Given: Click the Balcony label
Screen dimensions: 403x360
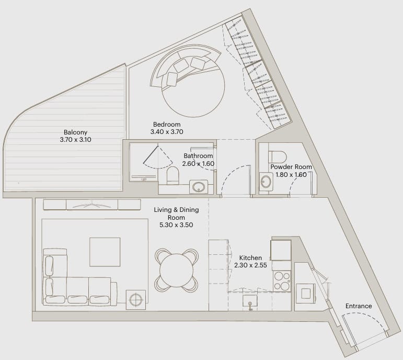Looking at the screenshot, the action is click(x=75, y=132).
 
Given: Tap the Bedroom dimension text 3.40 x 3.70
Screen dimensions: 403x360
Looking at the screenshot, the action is click(x=167, y=132).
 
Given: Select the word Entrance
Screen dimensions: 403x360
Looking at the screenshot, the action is click(x=359, y=306).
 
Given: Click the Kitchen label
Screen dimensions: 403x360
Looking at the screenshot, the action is click(x=250, y=257).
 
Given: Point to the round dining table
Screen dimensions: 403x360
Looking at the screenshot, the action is click(x=176, y=270).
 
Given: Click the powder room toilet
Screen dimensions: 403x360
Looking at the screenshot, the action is click(x=278, y=156).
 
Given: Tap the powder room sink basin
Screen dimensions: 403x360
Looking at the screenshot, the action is click(x=266, y=182).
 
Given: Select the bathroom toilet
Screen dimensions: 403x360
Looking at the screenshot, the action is click(x=172, y=175).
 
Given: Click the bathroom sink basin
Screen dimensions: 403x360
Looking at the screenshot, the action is click(x=199, y=187).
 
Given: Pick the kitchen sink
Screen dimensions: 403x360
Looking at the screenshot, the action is click(x=250, y=301).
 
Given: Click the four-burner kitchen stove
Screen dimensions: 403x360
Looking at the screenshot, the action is click(x=282, y=281).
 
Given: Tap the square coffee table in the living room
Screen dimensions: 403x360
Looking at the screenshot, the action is click(x=105, y=252).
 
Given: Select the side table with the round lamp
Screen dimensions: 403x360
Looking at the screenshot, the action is click(x=136, y=300).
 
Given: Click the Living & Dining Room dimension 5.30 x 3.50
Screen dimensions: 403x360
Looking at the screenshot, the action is click(x=176, y=224).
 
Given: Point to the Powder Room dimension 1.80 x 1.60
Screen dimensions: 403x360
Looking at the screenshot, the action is click(x=291, y=174).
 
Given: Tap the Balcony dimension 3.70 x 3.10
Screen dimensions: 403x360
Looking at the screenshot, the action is click(x=76, y=140).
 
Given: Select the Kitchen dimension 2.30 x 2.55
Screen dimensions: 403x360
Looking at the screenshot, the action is click(x=250, y=265).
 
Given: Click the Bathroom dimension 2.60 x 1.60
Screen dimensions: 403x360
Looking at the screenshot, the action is click(x=198, y=163).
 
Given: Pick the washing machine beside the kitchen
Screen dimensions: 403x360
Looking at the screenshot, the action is click(x=306, y=294).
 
